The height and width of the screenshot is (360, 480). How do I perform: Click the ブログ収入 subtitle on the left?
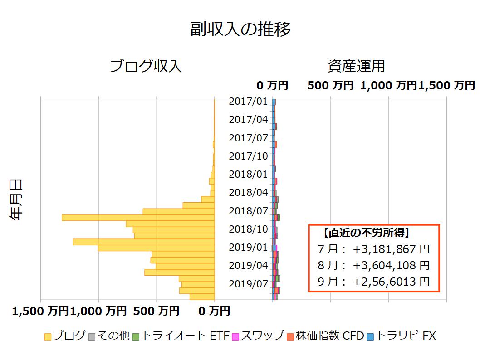pyautogui.click(x=146, y=66)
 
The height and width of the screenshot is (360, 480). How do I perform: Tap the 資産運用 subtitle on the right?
pyautogui.click(x=356, y=66)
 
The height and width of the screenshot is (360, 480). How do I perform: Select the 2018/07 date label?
pyautogui.click(x=248, y=211)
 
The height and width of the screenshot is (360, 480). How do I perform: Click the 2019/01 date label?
pyautogui.click(x=248, y=247)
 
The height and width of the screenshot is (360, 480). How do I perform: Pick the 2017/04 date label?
pyautogui.click(x=248, y=119)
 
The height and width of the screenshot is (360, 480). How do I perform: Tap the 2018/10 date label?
pyautogui.click(x=248, y=229)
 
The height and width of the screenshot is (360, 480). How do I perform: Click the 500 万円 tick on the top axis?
pyautogui.click(x=330, y=85)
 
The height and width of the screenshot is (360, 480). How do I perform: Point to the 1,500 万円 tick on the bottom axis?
pyautogui.click(x=40, y=311)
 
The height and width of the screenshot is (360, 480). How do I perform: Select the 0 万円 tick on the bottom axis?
pyautogui.click(x=214, y=311)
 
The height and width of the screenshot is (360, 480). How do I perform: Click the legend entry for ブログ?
pyautogui.click(x=65, y=336)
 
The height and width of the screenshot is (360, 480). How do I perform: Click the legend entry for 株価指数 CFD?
pyautogui.click(x=324, y=336)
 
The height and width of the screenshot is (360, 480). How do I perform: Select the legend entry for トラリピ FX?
pyautogui.click(x=401, y=336)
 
